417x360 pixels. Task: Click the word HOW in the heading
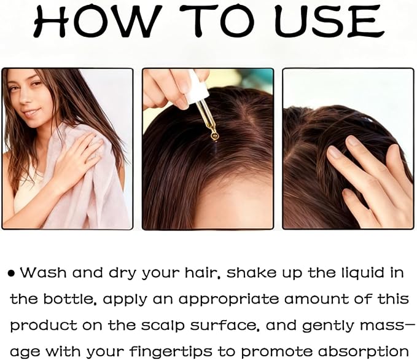[x=98, y=21]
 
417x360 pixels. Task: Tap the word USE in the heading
[x=330, y=21]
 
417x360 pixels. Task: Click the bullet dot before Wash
[x=12, y=273]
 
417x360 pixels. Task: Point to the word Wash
[x=43, y=273]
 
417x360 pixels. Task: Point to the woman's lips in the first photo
[x=31, y=112]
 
